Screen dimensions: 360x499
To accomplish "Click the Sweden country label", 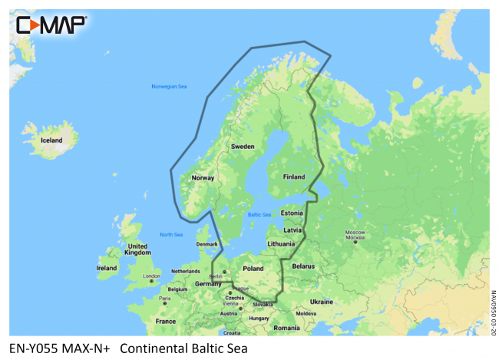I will point(243,146).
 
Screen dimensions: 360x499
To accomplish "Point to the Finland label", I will point(295,176).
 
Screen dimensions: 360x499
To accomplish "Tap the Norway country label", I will point(203,177).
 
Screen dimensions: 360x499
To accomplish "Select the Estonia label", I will point(292,213).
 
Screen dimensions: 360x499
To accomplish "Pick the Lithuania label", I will point(281,243).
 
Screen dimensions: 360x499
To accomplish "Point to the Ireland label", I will point(107,268).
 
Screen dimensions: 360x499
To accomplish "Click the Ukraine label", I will point(322,302).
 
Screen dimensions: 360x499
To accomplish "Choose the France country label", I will point(165,321).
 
